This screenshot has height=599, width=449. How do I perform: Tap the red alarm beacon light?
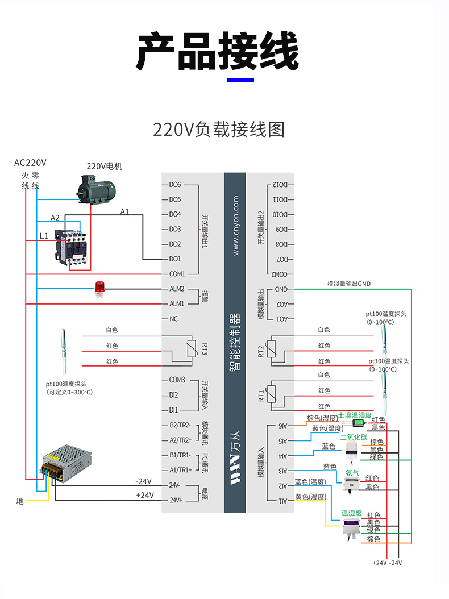(101, 289)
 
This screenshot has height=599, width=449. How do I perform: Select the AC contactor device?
(70, 246)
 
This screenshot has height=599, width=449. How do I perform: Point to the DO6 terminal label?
(174, 185)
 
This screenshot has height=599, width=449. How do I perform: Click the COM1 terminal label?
(177, 274)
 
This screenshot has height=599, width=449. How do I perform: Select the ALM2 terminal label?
(177, 289)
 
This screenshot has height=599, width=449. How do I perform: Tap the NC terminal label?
(173, 319)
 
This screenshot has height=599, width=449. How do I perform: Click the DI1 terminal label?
(173, 410)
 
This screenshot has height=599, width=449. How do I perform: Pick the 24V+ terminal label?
(176, 500)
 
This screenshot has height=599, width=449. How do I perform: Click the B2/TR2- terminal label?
(180, 425)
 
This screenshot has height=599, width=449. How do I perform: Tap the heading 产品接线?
(218, 52)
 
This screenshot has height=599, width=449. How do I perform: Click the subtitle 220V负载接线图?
(218, 130)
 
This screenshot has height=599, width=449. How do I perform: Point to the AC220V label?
(30, 163)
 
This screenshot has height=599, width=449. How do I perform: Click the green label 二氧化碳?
(353, 437)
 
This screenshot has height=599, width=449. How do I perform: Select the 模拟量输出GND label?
(348, 284)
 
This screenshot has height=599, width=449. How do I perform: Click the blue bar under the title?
(240, 80)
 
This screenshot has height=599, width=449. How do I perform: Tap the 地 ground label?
(20, 501)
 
